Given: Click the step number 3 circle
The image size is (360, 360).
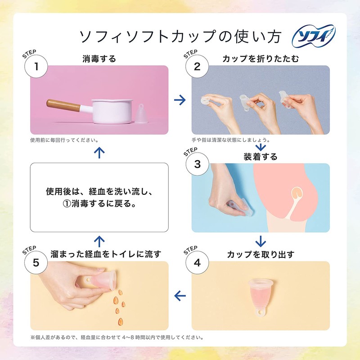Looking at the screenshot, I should [197, 164].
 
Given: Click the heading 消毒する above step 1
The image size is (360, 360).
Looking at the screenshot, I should [99, 59].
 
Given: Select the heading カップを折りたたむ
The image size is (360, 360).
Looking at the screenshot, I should [261, 59].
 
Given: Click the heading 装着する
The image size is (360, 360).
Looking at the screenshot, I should [261, 157].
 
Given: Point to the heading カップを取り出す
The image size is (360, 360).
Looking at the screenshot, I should [261, 255].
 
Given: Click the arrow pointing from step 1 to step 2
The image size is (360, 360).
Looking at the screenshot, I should [180, 100].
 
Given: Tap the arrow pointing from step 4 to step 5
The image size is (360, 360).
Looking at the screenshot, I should [180, 296].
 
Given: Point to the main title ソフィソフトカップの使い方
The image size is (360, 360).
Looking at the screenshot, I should [180, 36].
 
